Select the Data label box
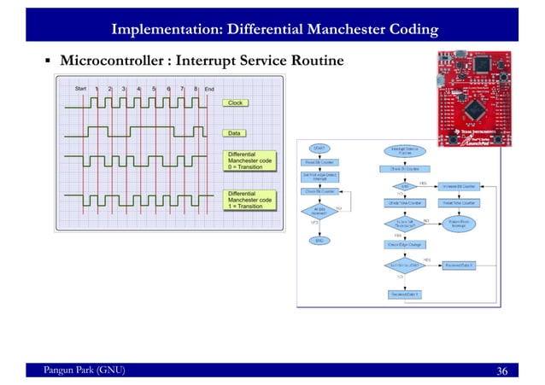pos(236,133)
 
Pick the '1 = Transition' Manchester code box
pos(249,200)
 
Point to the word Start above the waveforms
pos(80,88)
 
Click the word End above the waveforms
pos(208,88)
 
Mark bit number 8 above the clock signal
pos(196,88)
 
